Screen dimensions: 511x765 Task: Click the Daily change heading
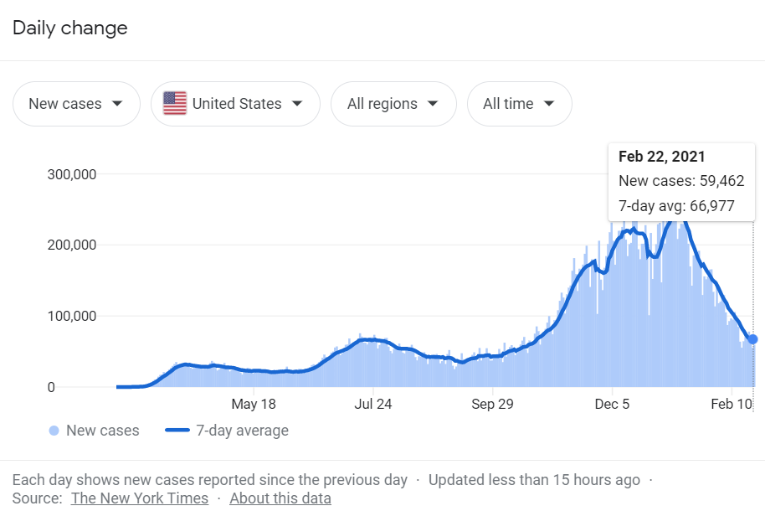(x=69, y=28)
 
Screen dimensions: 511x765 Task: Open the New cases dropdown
(x=76, y=104)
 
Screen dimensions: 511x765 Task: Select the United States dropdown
(x=235, y=104)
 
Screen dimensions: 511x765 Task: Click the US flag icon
(x=175, y=104)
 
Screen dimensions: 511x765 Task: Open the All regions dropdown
(x=393, y=104)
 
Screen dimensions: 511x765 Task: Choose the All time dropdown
(x=519, y=104)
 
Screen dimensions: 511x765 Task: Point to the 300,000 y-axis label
(x=73, y=174)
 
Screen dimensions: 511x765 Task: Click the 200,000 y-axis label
(x=73, y=245)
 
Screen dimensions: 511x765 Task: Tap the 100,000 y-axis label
(x=73, y=317)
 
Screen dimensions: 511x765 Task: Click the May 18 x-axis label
(x=254, y=404)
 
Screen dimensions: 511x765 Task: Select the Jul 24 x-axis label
(x=373, y=404)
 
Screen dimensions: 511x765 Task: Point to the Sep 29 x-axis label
(x=492, y=404)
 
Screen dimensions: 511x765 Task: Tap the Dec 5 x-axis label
(x=612, y=404)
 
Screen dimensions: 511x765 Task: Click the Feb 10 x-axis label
(x=732, y=404)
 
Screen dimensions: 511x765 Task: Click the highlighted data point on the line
(x=752, y=339)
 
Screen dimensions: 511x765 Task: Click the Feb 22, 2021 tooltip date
(x=661, y=157)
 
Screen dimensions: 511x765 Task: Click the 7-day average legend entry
(x=227, y=431)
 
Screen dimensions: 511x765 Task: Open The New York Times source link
(x=140, y=498)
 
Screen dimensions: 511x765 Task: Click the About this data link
(x=280, y=498)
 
